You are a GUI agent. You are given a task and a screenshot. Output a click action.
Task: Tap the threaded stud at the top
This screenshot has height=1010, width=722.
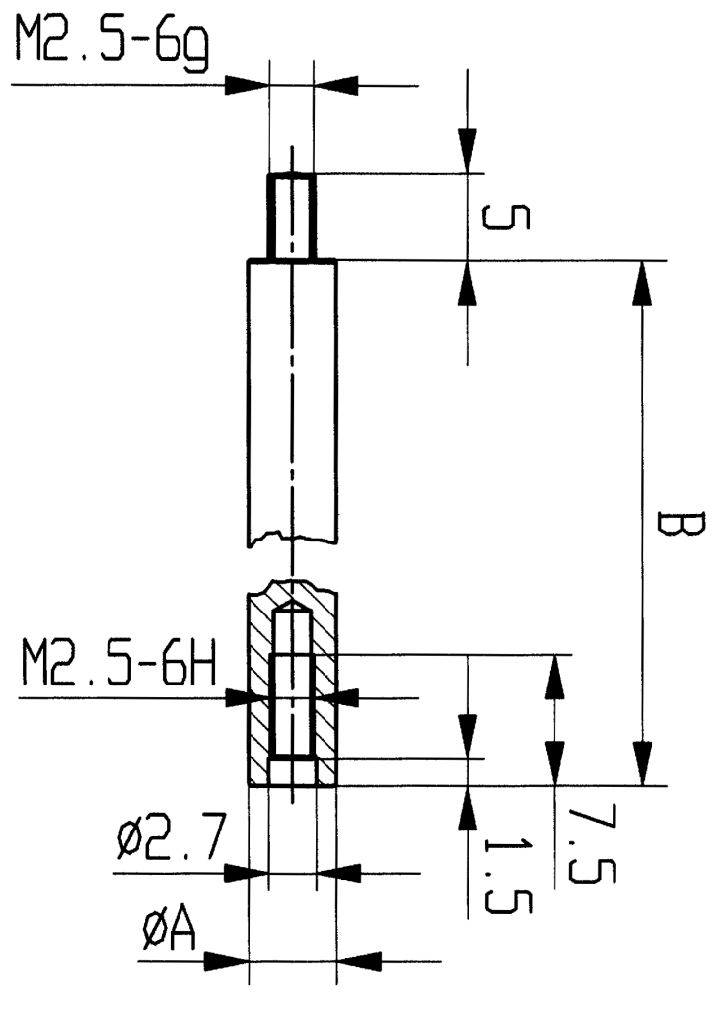pyautogui.click(x=291, y=216)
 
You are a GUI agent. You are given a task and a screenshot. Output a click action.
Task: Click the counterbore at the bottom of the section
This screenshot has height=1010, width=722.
pyautogui.click(x=292, y=770)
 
